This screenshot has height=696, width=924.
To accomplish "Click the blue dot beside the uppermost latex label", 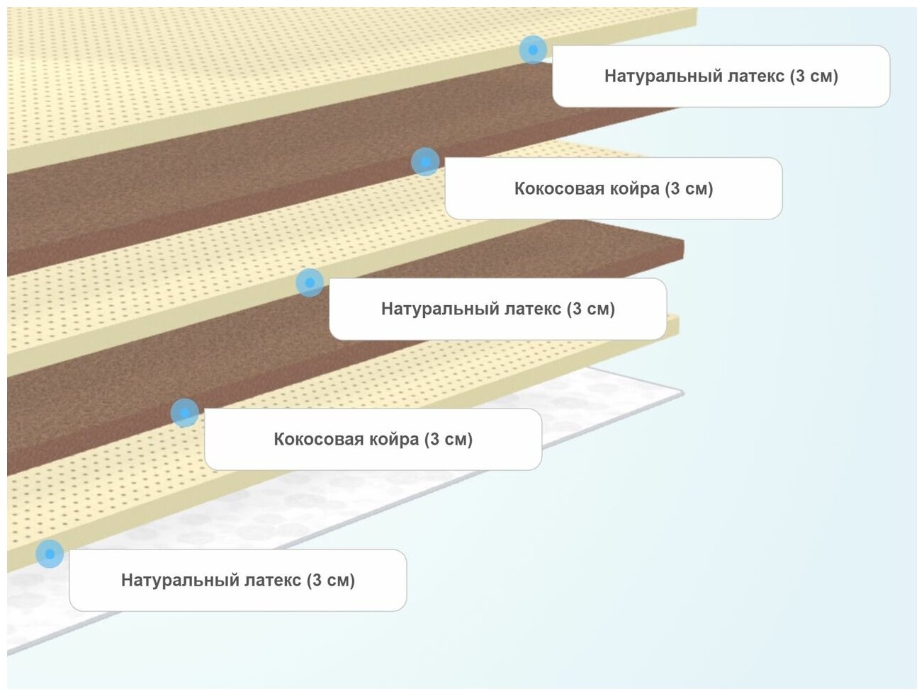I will [533, 50].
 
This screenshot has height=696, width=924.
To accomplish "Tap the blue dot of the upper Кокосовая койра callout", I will [425, 162].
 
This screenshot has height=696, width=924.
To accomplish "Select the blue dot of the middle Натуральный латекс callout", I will [310, 283].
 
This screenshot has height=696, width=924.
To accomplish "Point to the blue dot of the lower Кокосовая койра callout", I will [185, 413].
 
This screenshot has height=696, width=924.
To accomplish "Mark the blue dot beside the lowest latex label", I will [50, 554].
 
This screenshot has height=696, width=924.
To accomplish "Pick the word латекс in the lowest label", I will [273, 581].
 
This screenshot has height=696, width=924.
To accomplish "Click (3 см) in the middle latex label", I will [591, 309].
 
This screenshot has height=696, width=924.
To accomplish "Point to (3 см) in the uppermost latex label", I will [814, 76].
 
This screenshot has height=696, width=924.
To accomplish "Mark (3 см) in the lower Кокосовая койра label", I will [449, 440].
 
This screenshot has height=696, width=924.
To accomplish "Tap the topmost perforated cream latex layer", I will [213, 71].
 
